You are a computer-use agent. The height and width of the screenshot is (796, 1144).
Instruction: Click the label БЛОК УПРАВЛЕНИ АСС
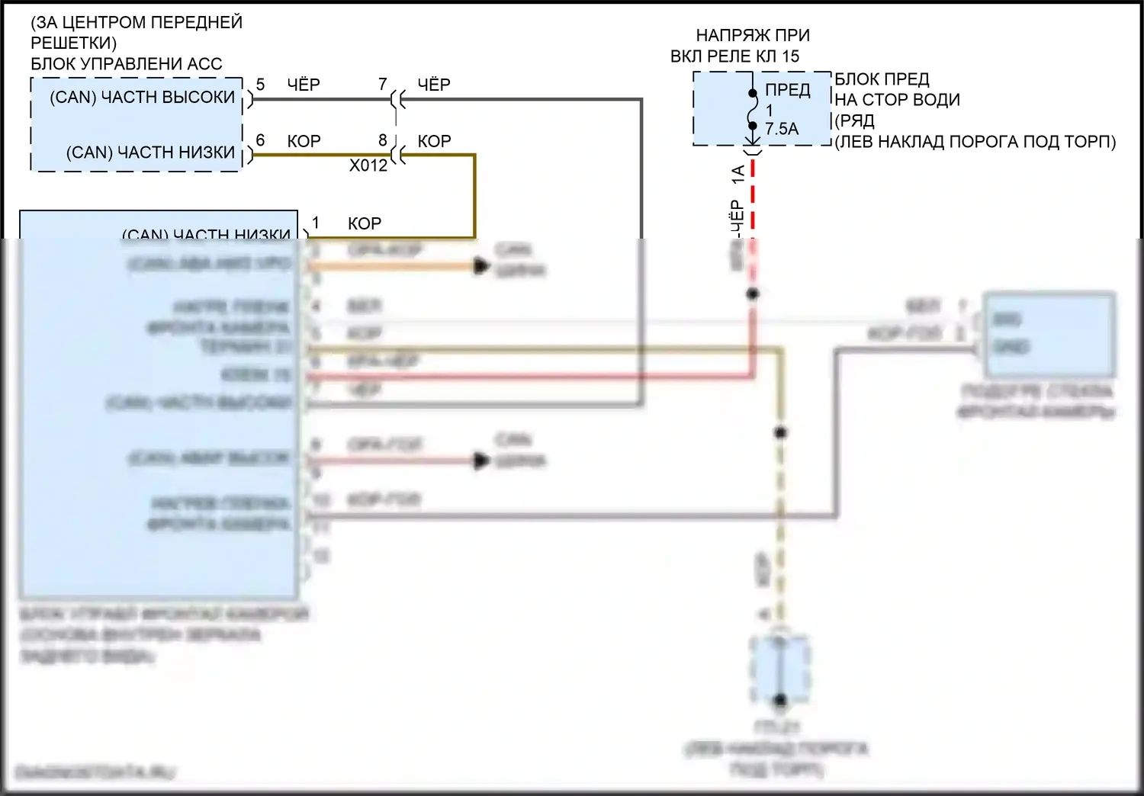pos(126,64)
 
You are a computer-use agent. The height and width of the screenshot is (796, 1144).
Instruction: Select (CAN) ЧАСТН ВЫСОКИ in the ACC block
pos(143,98)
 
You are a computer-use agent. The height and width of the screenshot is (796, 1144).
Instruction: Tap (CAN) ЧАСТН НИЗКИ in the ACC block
pos(150,152)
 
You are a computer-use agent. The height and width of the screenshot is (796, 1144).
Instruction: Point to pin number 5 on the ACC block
pos(261,85)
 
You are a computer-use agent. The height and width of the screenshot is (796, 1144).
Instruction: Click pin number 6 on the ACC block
pos(261,140)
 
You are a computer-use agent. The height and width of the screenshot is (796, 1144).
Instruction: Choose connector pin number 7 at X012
pos(383,85)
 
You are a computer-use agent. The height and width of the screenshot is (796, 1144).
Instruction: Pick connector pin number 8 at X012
pos(383,140)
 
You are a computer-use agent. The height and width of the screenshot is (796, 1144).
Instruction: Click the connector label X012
pos(368,165)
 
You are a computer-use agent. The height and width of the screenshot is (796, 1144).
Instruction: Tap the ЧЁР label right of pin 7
pos(434,85)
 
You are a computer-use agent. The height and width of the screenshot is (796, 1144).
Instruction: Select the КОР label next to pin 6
pos(304,141)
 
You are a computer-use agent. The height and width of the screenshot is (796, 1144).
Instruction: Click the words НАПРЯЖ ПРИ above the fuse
pos(753,35)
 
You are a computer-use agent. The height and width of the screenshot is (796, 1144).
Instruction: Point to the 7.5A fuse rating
pos(782,129)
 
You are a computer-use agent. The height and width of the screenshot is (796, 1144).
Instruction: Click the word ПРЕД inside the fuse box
pos(788,90)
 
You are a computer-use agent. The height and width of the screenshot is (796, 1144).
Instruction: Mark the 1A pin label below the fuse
pos(738,175)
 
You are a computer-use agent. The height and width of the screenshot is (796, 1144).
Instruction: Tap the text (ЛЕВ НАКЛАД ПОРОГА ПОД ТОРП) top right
pos(975,142)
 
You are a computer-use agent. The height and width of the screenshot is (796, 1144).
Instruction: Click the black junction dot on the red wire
pos(753,294)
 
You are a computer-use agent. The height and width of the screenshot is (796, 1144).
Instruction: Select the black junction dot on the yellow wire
pos(780,432)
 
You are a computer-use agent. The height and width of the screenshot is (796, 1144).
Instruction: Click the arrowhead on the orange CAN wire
pos(480,266)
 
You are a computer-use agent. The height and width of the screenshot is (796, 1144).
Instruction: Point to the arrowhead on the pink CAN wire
pos(480,461)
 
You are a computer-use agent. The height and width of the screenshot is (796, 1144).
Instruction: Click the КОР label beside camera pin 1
pos(365,223)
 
